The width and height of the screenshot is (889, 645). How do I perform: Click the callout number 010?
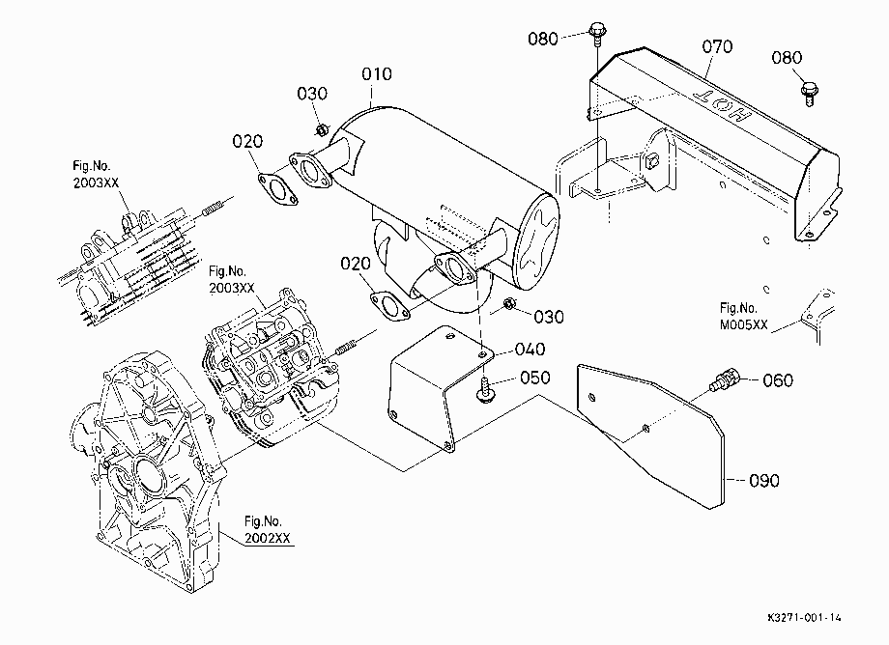click(377, 74)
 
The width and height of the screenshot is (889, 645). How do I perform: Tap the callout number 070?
click(717, 46)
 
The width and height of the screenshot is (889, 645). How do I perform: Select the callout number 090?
click(763, 481)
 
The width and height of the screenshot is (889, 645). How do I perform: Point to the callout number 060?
click(778, 380)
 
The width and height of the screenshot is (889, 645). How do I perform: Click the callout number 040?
click(530, 350)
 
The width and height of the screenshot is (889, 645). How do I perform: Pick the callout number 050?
click(534, 378)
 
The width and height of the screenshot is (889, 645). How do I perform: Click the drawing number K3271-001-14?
click(805, 617)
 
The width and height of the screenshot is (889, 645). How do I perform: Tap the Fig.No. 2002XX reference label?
click(267, 529)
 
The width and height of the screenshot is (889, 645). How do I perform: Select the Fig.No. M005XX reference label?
click(743, 317)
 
